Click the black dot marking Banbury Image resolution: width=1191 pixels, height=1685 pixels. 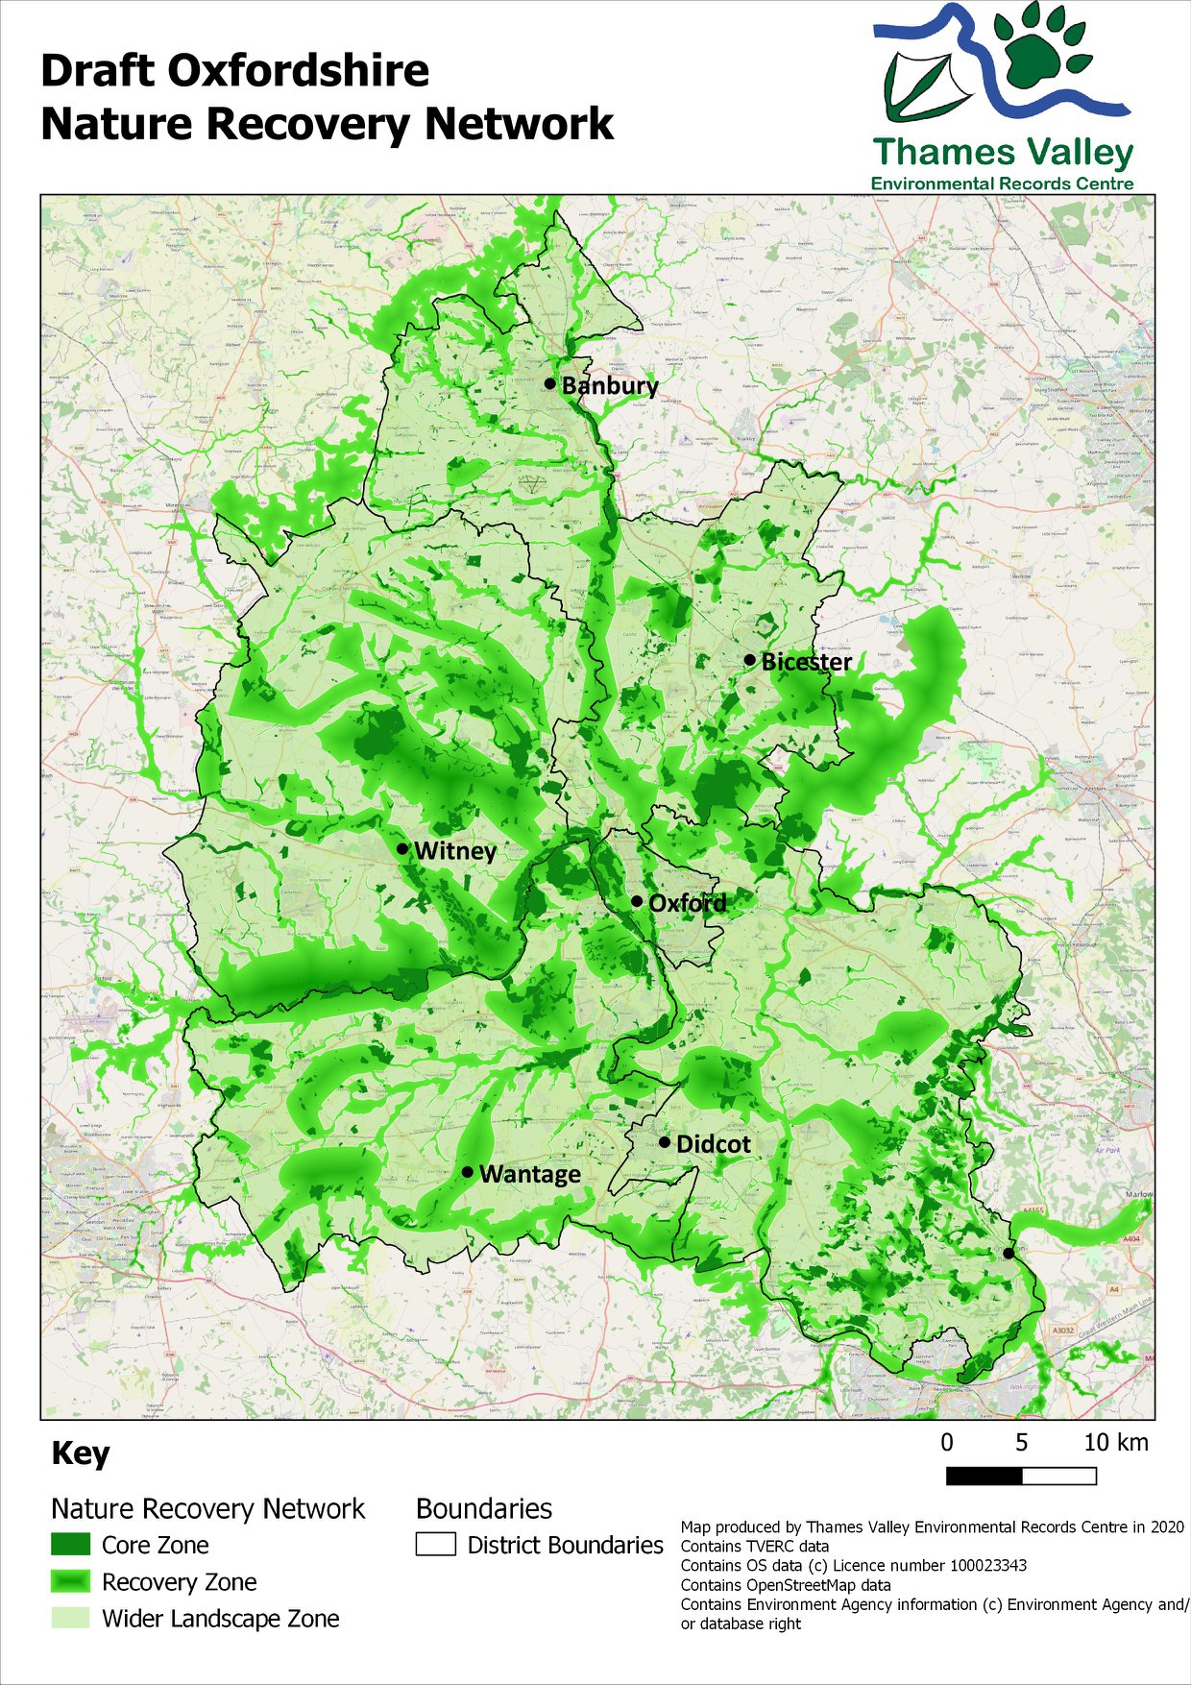tap(549, 383)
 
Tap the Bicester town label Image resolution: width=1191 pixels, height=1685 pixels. tap(806, 661)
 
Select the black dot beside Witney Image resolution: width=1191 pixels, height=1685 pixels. tap(402, 849)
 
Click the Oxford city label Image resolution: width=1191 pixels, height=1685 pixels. tap(687, 903)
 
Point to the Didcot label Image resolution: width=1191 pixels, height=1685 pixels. tap(713, 1144)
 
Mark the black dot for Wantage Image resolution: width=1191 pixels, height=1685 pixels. tap(468, 1172)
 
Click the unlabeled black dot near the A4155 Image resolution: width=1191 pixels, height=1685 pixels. tap(1009, 1253)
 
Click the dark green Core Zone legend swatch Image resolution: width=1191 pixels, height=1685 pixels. tap(70, 1545)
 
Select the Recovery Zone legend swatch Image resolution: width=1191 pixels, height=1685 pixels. tap(70, 1581)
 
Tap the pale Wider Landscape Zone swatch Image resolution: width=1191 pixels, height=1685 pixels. tap(70, 1618)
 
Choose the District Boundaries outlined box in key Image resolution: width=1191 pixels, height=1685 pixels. tap(435, 1545)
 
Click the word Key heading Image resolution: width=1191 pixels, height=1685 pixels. tap(81, 1453)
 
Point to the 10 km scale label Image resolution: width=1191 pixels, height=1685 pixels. tap(1115, 1442)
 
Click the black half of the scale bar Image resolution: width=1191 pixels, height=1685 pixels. tap(984, 1476)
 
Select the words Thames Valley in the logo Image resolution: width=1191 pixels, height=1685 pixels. tap(1003, 152)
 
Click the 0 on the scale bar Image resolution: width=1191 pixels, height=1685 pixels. tap(947, 1442)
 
